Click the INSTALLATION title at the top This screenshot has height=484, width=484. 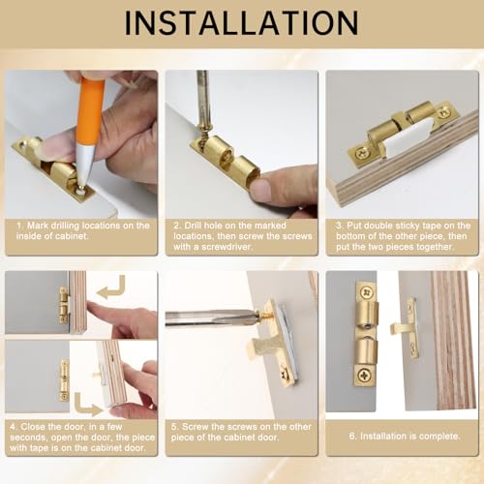pos(241,23)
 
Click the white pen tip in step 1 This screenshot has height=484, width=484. pos(84,166)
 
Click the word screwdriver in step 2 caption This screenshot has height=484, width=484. pos(227,247)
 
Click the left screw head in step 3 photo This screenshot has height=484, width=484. pos(362,152)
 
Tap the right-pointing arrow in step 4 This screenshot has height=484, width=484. pos(86,406)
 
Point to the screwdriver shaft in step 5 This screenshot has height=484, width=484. pos(210,318)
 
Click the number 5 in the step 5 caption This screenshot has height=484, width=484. pos(174,427)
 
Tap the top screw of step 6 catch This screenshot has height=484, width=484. pos(367,293)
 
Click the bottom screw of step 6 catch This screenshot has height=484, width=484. pos(364,375)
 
